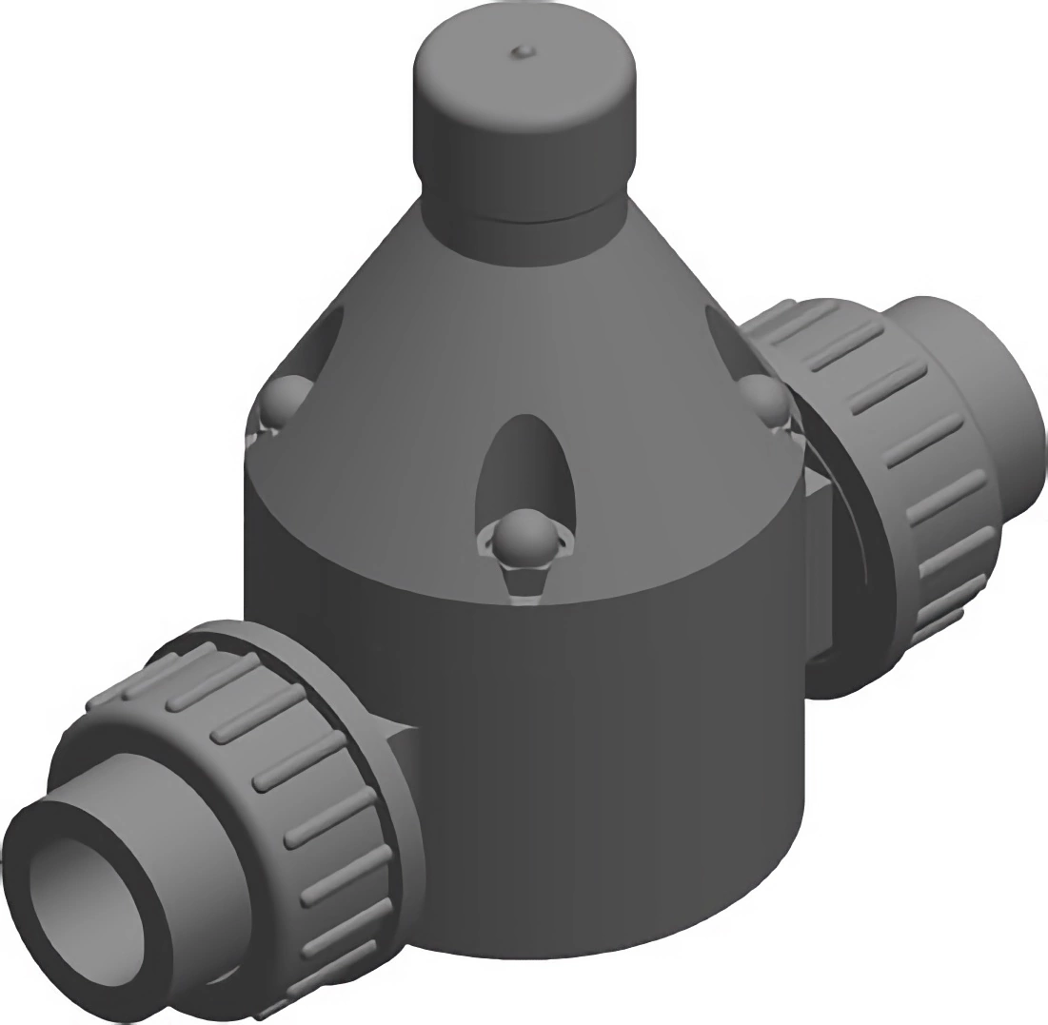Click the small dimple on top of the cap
(522, 50)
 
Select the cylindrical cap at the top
(524, 124)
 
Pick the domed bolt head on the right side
(764, 401)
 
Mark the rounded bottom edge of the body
(609, 937)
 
